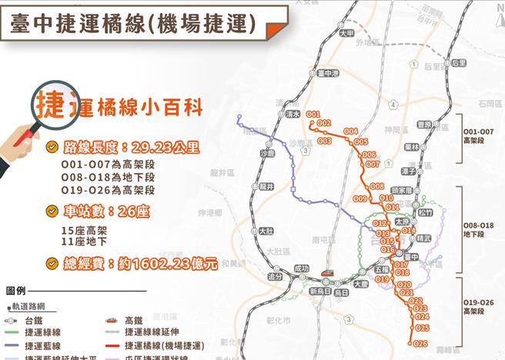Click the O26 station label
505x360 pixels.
coord(420,343)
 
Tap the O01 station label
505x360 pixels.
coord(313,115)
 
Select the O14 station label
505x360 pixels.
coord(409,230)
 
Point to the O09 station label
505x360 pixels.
coord(360,198)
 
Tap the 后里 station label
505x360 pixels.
coord(460,63)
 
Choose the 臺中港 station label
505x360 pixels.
coord(328,73)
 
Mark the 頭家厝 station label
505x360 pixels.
coord(403,188)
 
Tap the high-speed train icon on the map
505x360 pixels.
coord(327,272)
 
